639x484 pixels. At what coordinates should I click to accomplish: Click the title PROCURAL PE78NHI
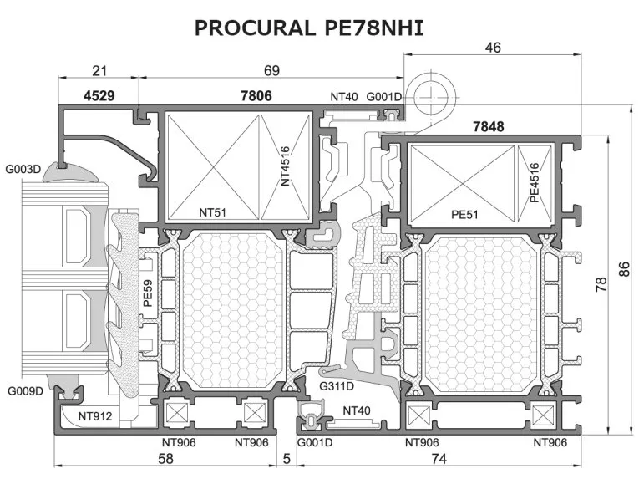[x=309, y=28]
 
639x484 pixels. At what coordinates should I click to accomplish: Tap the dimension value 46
[x=493, y=48]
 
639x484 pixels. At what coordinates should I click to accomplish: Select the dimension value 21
[x=99, y=70]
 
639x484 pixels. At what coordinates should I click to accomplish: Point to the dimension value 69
[x=271, y=70]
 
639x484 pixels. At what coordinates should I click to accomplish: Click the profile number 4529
[x=99, y=96]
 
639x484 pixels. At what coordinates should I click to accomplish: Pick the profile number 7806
[x=256, y=96]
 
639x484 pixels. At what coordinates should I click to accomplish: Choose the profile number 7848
[x=488, y=127]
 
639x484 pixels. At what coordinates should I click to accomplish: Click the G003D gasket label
[x=23, y=169]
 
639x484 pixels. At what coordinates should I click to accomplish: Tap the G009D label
[x=25, y=391]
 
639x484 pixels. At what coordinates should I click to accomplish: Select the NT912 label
[x=95, y=416]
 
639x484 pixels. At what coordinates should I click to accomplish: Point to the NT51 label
[x=212, y=212]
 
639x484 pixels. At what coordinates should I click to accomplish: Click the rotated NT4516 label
[x=285, y=166]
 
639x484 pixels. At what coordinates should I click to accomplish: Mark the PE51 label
[x=464, y=215]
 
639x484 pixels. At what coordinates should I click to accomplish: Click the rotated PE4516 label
[x=535, y=182]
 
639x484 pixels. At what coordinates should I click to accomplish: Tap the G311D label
[x=337, y=386]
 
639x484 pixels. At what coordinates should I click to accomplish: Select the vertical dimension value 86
[x=624, y=269]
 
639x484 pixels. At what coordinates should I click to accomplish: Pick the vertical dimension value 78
[x=601, y=284]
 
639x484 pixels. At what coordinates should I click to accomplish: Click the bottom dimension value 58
[x=165, y=459]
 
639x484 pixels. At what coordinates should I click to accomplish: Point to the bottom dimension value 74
[x=439, y=459]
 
